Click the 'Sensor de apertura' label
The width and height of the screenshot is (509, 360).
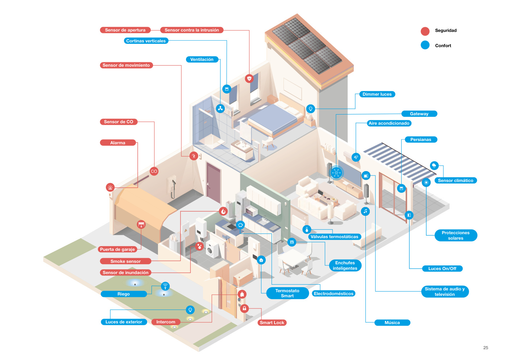click(125, 30)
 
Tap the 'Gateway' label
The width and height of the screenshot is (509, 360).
click(419, 113)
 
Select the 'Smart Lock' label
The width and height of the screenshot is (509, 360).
click(272, 323)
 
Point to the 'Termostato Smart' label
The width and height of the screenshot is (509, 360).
click(287, 293)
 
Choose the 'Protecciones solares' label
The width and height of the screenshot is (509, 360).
click(456, 235)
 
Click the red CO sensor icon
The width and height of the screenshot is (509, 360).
click(154, 171)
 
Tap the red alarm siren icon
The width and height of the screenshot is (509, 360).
click(110, 187)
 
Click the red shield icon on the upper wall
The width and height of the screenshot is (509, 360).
click(249, 78)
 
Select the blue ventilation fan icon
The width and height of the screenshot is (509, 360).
click(220, 108)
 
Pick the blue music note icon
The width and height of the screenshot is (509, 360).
click(365, 211)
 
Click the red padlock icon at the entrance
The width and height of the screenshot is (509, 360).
click(244, 309)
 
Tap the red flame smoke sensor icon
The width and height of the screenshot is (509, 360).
click(223, 211)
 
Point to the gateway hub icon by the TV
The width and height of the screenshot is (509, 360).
click(336, 173)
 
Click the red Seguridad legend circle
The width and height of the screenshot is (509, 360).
click(425, 31)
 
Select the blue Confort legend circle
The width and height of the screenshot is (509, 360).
click(425, 45)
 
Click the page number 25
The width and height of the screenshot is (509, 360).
click(485, 348)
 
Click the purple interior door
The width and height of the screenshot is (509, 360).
click(214, 183)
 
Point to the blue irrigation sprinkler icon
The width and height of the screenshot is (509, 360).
click(165, 286)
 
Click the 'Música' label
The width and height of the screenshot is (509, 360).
click(392, 323)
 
